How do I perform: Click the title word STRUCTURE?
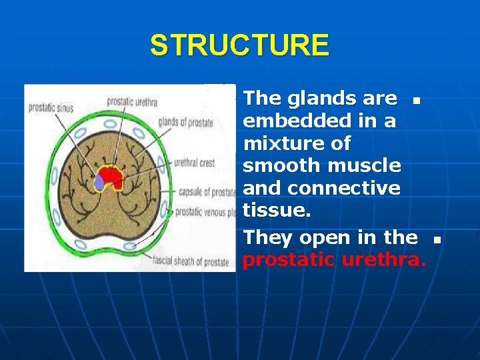coord(239,46)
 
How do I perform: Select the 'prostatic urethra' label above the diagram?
coord(132,102)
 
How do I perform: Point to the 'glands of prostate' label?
coord(186,122)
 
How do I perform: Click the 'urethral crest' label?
coord(194,161)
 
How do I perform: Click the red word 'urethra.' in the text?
coord(383,260)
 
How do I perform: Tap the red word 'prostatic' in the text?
coord(289,260)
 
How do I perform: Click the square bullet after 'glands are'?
coord(415,102)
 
